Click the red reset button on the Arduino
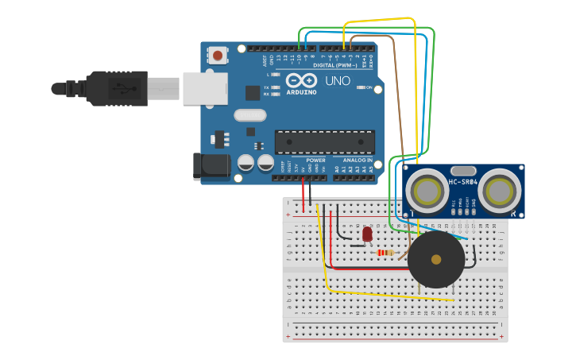pos(217,56)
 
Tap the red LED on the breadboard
pos(367,234)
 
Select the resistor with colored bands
pos(385,253)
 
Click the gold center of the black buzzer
pos(435,259)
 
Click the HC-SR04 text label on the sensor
pos(463,183)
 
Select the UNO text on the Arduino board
pos(338,80)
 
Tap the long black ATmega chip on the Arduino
pos(324,141)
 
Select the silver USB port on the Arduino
pos(205,88)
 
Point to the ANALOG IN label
pos(358,160)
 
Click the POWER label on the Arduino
pos(315,160)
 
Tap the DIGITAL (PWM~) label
pos(335,64)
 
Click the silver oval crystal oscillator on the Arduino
pos(249,115)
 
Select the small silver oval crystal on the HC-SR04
pos(462,170)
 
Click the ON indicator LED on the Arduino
pos(361,87)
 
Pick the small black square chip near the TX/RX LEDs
pos(253,93)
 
